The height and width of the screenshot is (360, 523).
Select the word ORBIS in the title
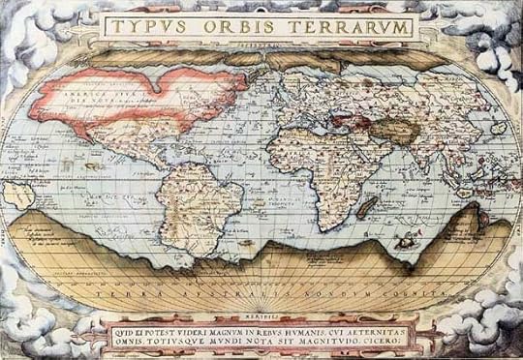[x=232, y=26]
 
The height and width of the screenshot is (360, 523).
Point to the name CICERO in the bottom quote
[x=394, y=340]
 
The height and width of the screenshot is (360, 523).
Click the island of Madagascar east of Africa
[x=368, y=205]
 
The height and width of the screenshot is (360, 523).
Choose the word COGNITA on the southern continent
[x=393, y=290]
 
